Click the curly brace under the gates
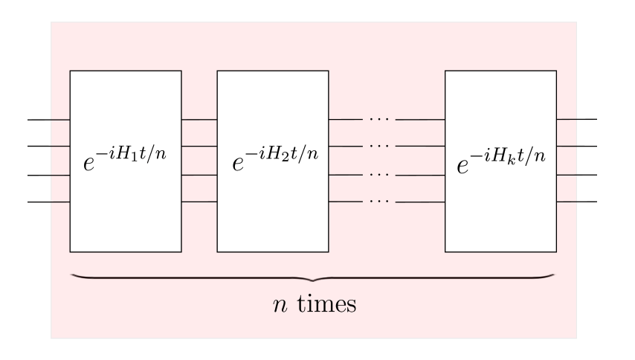point(312,278)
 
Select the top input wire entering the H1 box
point(48,119)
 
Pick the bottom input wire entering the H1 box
point(48,202)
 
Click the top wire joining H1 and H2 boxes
point(199,119)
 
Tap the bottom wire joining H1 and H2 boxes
point(199,202)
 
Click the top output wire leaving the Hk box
point(576,119)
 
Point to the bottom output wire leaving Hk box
point(576,202)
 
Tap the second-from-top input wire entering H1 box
point(48,147)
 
